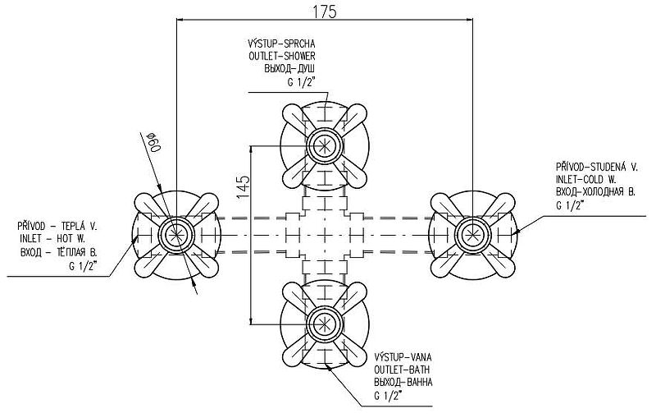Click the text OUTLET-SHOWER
(x=284, y=56)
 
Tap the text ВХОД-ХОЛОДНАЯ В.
(x=596, y=191)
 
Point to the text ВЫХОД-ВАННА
(x=403, y=383)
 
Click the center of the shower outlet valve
(x=324, y=146)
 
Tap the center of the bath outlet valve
(x=324, y=322)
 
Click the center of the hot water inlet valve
(x=175, y=234)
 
